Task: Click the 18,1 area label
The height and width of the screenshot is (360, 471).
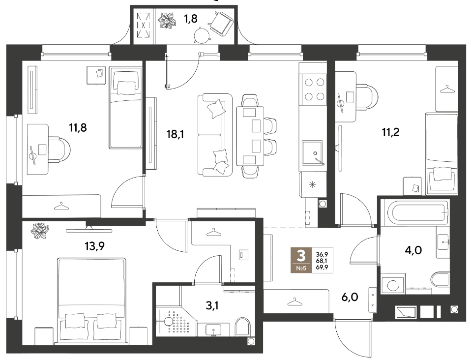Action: point(175,134)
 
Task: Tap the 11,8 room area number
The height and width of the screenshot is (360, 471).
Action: point(78,128)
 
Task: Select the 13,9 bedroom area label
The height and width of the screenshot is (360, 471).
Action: point(94,246)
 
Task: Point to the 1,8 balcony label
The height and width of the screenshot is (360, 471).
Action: point(191,19)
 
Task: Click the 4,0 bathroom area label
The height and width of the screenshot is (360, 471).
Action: point(413,250)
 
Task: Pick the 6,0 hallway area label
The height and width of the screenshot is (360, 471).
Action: point(350,297)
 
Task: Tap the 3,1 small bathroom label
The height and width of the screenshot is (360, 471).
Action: point(212,305)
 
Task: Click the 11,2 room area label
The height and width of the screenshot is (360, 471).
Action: point(390,132)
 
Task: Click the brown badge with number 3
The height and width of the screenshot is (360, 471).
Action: point(301,260)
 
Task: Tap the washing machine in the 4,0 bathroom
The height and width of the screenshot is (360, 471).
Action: point(393,284)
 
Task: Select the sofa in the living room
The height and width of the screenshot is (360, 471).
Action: point(215,135)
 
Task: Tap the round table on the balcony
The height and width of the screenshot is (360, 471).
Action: point(201,35)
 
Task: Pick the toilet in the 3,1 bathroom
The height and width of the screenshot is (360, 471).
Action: point(243,327)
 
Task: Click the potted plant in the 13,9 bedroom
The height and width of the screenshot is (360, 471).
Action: point(40,231)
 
